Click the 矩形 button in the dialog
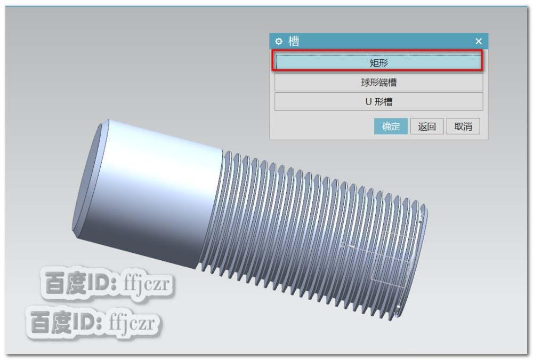378,62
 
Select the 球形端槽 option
378,82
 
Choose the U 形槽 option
378,101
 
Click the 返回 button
426,126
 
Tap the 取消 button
463,126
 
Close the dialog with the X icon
478,41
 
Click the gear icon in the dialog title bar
278,41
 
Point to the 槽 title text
294,41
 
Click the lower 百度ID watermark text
67,322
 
